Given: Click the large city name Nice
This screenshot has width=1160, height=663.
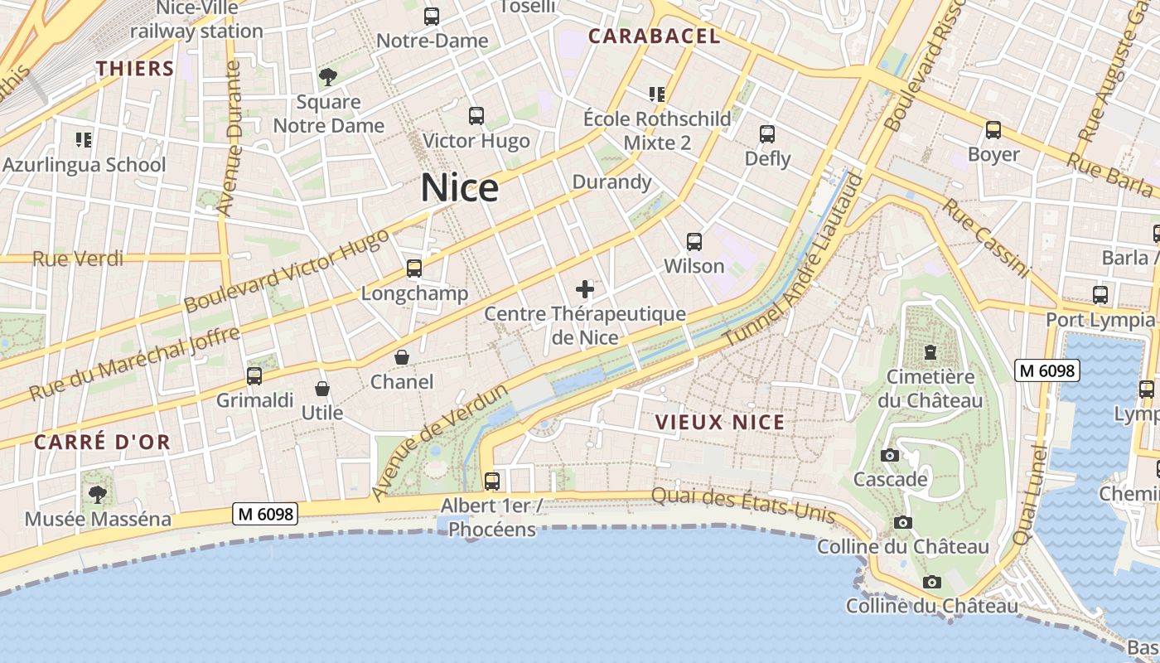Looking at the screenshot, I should (460, 188).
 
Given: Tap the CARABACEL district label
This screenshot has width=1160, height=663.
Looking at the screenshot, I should (654, 36).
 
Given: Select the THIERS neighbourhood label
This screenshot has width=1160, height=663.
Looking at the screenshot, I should (135, 68).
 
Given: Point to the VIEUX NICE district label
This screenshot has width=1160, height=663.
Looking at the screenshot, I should (720, 422).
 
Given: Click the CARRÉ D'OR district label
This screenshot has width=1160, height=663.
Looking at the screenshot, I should (102, 442).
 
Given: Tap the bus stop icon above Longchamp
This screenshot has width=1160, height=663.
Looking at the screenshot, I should (414, 269).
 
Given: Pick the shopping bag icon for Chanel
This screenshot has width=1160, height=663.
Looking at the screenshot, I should (402, 357).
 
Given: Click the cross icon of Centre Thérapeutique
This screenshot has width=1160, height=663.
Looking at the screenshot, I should (585, 289).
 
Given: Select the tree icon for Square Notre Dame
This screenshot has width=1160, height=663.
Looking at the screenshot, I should (328, 78).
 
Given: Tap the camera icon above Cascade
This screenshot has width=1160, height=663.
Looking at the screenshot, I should (890, 455).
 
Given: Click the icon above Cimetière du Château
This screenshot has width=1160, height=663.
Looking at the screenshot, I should (930, 352).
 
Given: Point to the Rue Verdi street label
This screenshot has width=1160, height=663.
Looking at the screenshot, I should (78, 259).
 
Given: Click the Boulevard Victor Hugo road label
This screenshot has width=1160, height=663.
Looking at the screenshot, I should (287, 271).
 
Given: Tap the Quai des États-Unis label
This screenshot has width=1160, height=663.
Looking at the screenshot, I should (742, 504).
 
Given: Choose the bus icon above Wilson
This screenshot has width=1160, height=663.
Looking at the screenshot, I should (694, 242).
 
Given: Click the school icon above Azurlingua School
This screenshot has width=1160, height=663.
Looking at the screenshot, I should (83, 140).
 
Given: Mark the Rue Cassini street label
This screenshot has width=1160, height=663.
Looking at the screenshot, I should (985, 238).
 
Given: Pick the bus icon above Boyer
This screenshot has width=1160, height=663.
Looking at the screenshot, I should (993, 130).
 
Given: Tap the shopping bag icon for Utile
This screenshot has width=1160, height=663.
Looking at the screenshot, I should (322, 388).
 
